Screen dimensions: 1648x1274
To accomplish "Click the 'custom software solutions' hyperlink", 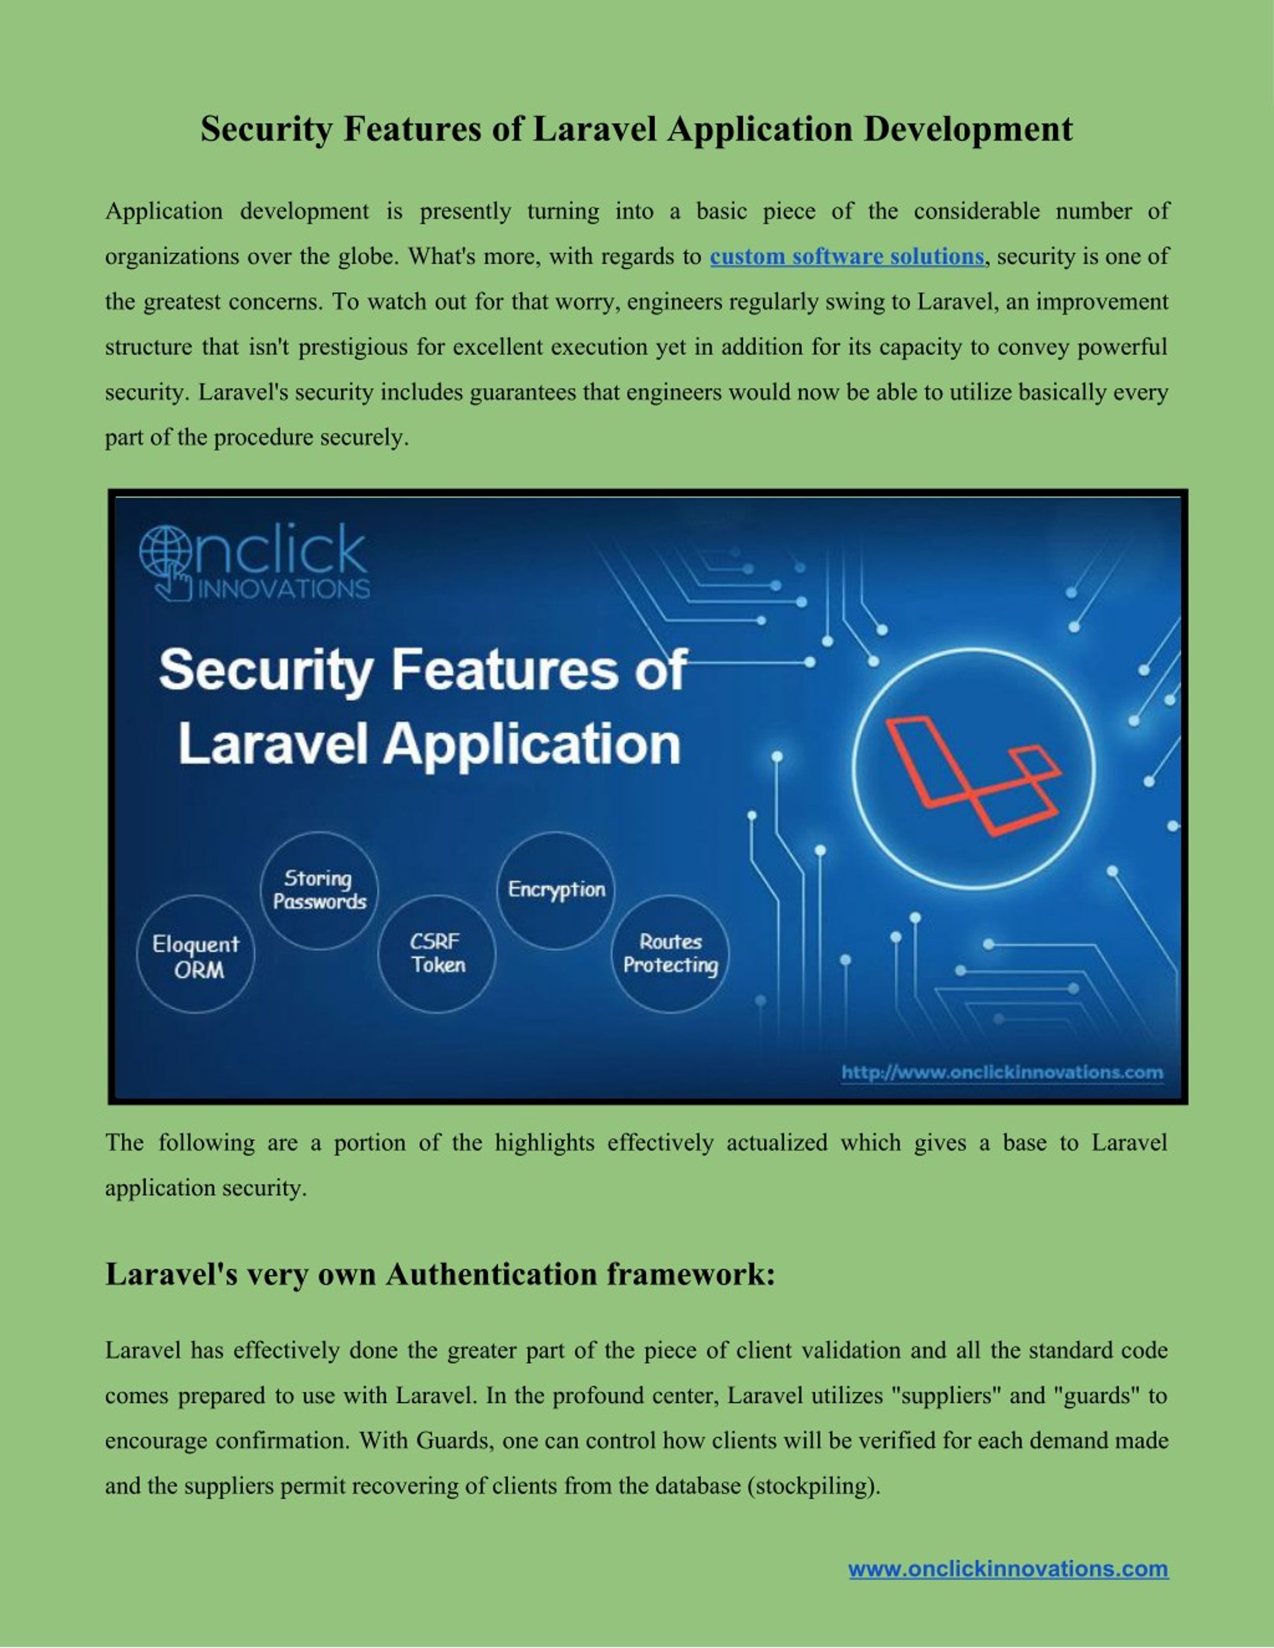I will pyautogui.click(x=847, y=257).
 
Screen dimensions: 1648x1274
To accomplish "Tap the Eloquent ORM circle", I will pyautogui.click(x=196, y=955).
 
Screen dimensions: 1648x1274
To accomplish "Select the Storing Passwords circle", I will pyautogui.click(x=319, y=890).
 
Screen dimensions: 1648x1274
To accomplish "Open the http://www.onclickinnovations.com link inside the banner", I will pyautogui.click(x=1002, y=1072).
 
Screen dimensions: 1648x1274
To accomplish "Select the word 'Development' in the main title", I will pyautogui.click(x=967, y=129).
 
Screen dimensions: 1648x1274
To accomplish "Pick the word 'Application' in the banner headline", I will pyautogui.click(x=532, y=745).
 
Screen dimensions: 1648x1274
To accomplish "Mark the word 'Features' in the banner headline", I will pyautogui.click(x=504, y=670).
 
